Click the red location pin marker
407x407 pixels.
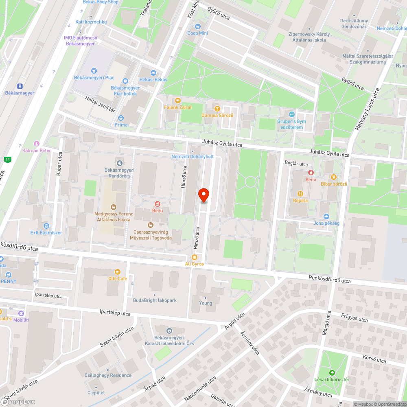pyautogui.click(x=203, y=195)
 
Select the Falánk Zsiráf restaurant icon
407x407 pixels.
pyautogui.click(x=177, y=101)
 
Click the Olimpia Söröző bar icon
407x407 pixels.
pyautogui.click(x=217, y=109)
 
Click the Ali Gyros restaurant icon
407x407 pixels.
pyautogui.click(x=194, y=257)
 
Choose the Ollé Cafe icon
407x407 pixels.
pyautogui.click(x=118, y=271)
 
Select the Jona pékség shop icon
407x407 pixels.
pyautogui.click(x=326, y=216)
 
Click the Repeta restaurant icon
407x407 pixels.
pyautogui.click(x=300, y=194)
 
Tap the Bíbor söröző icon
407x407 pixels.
pyautogui.click(x=334, y=177)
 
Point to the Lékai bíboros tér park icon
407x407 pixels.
pyautogui.click(x=332, y=372)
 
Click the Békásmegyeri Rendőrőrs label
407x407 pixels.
pyautogui.click(x=120, y=173)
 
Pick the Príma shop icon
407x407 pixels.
pyautogui.click(x=121, y=118)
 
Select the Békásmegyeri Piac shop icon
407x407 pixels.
pyautogui.click(x=94, y=70)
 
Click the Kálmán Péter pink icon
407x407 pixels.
pyautogui.click(x=37, y=143)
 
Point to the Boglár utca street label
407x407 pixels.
pyautogui.click(x=296, y=164)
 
